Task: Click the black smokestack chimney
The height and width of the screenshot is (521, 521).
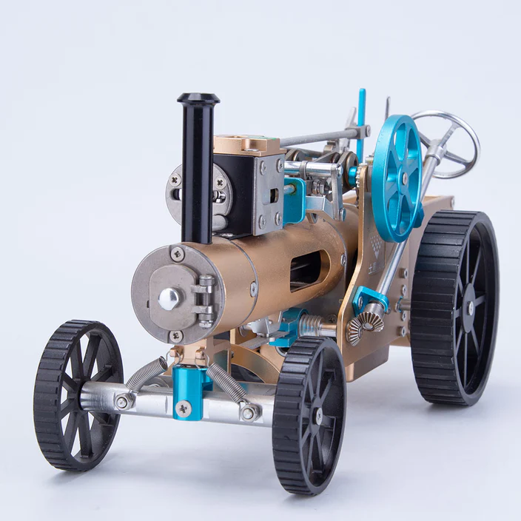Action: (x=198, y=170)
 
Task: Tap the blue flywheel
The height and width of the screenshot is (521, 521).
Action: (x=397, y=178)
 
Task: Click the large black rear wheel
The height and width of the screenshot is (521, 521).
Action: (x=454, y=306)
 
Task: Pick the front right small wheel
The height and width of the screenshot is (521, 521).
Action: (x=309, y=414)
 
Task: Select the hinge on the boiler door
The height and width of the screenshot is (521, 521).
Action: (x=206, y=300)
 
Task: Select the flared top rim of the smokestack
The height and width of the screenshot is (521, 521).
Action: (x=198, y=98)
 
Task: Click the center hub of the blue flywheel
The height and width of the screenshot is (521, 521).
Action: (x=404, y=178)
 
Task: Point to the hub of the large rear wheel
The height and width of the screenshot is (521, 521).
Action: (x=469, y=306)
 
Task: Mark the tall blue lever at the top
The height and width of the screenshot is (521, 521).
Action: (x=361, y=118)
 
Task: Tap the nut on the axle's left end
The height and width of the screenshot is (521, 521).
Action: (x=123, y=402)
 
